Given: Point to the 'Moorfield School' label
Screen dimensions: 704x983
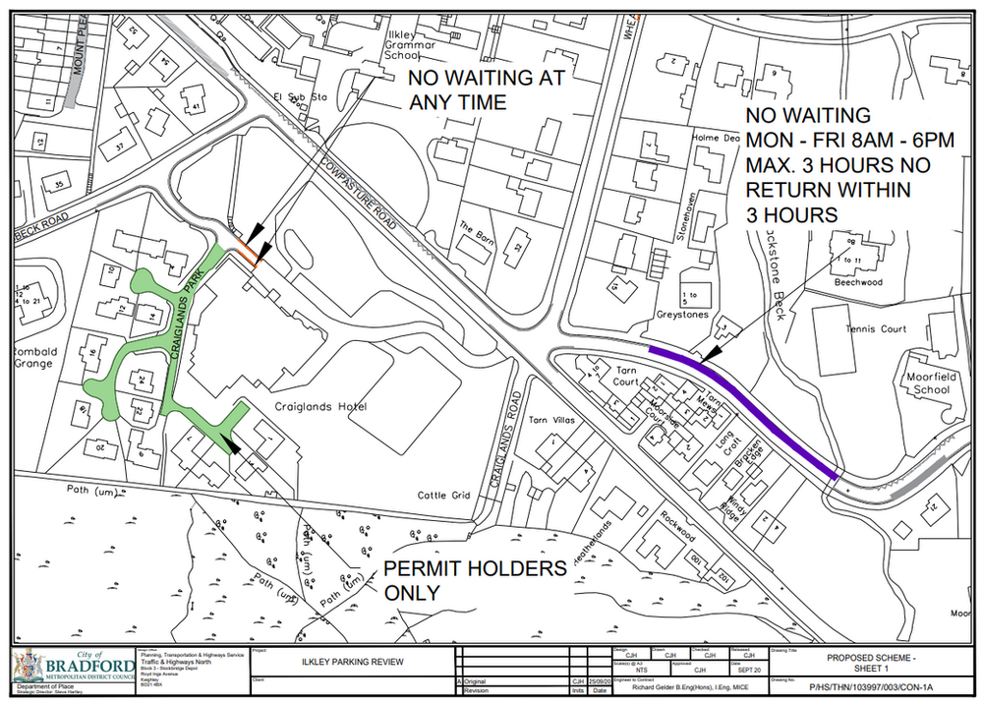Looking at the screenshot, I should [x=921, y=382].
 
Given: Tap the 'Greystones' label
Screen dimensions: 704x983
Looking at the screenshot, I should [x=682, y=316].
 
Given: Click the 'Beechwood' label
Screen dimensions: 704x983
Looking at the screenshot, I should [x=858, y=281].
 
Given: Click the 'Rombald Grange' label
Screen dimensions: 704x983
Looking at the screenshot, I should [x=36, y=359].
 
